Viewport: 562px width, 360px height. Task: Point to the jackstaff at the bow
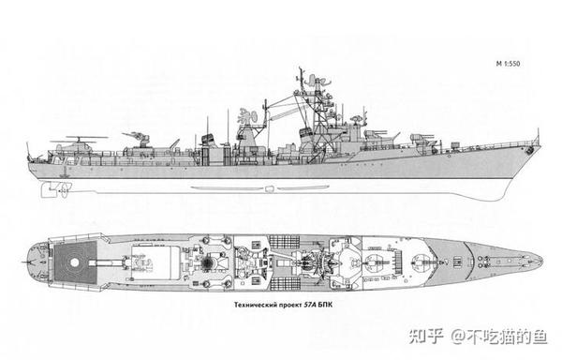point(537,141)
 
